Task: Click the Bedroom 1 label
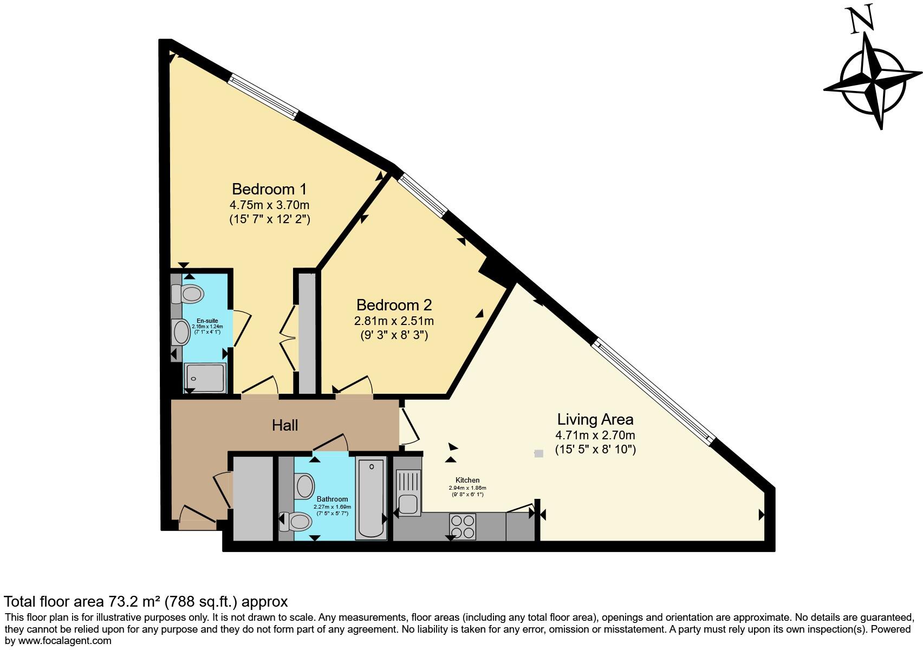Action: click(x=269, y=189)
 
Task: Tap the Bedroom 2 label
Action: click(x=394, y=305)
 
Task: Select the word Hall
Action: click(x=285, y=425)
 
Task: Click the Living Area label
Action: click(x=595, y=419)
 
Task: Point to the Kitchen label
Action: click(x=467, y=480)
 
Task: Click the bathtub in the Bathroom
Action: click(x=371, y=498)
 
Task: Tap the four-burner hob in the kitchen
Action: click(x=462, y=526)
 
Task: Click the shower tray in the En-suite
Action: click(x=205, y=378)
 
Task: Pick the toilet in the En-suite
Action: click(x=188, y=294)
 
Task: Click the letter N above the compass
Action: click(x=862, y=19)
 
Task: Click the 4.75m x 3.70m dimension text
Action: click(x=269, y=205)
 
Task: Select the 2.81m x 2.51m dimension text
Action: click(x=394, y=321)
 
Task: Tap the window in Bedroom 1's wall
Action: click(x=263, y=97)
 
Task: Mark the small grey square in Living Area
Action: click(x=538, y=453)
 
